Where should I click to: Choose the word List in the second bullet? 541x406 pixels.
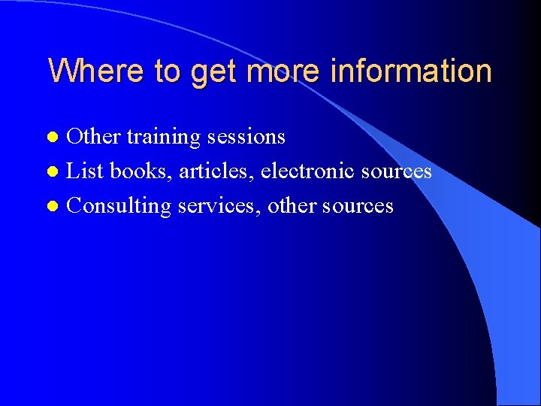(x=84, y=171)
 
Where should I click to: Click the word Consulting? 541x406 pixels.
(x=119, y=206)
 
